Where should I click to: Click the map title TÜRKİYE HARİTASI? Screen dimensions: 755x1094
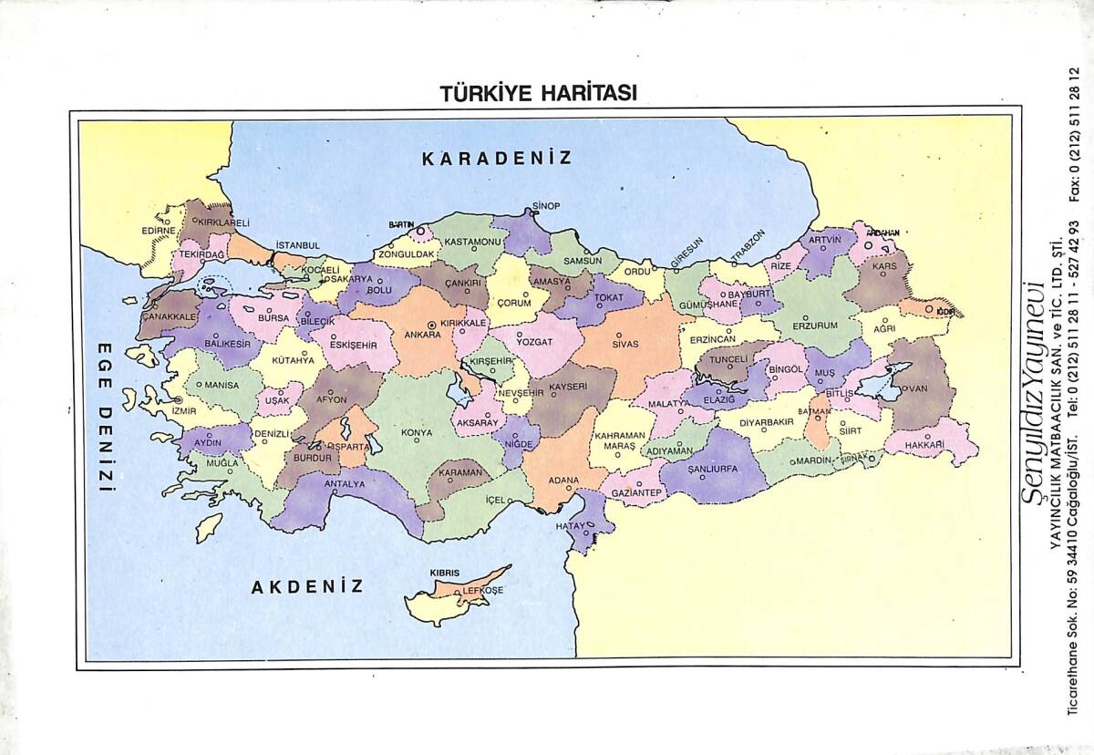pyautogui.click(x=538, y=93)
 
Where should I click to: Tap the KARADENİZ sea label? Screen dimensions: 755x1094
pyautogui.click(x=497, y=158)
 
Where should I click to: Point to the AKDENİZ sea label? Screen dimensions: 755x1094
pyautogui.click(x=307, y=586)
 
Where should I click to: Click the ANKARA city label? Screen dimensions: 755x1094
pyautogui.click(x=422, y=335)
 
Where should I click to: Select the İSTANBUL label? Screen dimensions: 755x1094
pyautogui.click(x=298, y=245)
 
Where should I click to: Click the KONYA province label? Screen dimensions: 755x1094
pyautogui.click(x=417, y=432)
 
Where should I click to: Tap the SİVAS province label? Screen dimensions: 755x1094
pyautogui.click(x=625, y=345)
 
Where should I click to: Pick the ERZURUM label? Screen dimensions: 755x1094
pyautogui.click(x=814, y=326)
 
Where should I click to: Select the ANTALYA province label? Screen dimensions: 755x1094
pyautogui.click(x=345, y=483)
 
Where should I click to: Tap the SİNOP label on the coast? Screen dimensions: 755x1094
pyautogui.click(x=546, y=206)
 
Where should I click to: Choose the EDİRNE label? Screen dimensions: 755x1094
pyautogui.click(x=158, y=231)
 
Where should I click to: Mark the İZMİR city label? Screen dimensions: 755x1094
pyautogui.click(x=183, y=410)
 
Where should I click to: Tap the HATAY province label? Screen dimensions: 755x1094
pyautogui.click(x=572, y=526)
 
